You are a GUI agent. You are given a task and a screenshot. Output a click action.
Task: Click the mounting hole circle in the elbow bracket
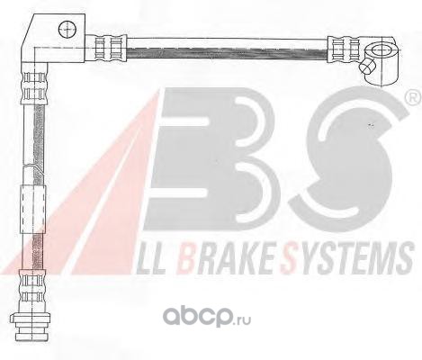click(67, 30)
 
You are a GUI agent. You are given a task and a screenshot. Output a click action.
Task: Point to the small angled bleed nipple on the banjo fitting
click(367, 67)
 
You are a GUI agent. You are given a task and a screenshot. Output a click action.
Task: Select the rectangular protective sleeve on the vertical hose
click(33, 210)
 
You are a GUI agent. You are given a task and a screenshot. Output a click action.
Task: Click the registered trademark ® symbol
click(414, 98)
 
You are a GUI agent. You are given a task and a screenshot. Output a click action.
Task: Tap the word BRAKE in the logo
click(226, 258)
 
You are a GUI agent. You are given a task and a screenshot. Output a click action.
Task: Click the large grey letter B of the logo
click(210, 159)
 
